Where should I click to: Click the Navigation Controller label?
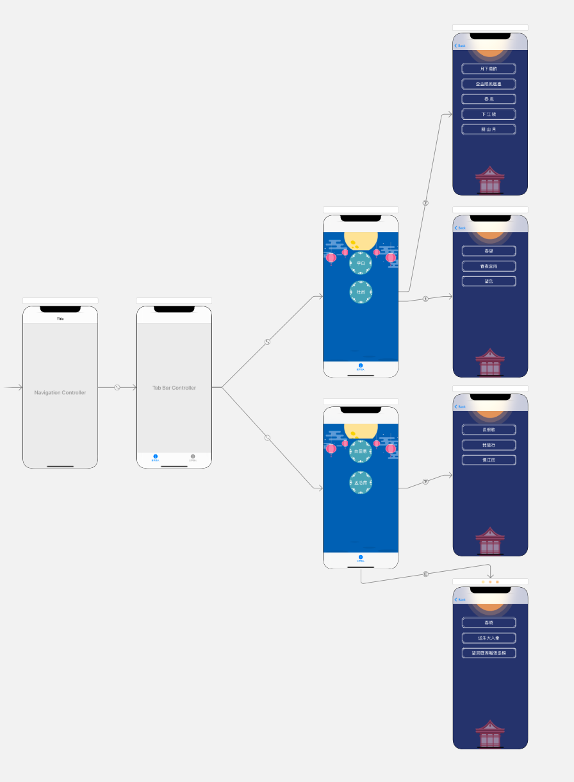(x=60, y=392)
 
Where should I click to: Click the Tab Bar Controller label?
(x=174, y=388)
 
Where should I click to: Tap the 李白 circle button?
(x=361, y=263)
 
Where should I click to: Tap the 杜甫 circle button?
(x=361, y=292)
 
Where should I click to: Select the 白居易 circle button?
(x=361, y=451)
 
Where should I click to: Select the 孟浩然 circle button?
(x=361, y=482)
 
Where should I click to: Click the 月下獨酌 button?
(x=489, y=69)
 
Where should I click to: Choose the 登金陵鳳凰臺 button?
(x=489, y=84)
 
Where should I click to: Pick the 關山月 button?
(x=489, y=129)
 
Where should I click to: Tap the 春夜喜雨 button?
(x=489, y=266)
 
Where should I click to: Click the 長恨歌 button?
(x=489, y=429)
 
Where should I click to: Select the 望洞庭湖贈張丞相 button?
(x=489, y=653)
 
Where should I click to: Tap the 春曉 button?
(x=489, y=622)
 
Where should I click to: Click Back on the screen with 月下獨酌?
(x=460, y=46)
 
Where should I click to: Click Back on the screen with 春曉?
(x=460, y=599)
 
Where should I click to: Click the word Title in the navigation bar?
(x=60, y=319)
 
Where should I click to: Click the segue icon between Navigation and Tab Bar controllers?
(x=117, y=387)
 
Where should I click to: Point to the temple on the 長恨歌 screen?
(x=490, y=542)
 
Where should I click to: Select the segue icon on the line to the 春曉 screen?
(x=425, y=574)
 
